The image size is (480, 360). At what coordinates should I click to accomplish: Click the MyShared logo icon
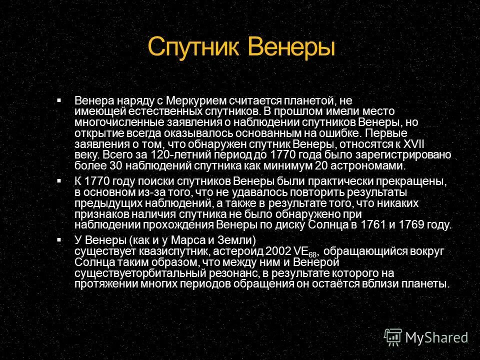pyautogui.click(x=392, y=337)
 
